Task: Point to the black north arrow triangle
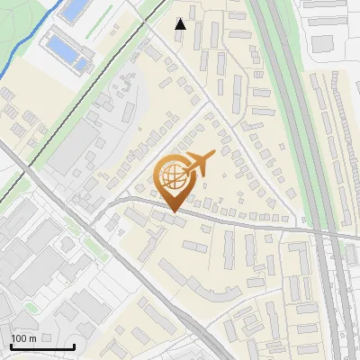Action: pyautogui.click(x=181, y=24)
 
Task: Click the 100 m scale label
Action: pyautogui.click(x=22, y=338)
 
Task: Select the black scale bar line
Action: pyautogui.click(x=41, y=346)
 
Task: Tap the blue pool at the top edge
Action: pyautogui.click(x=75, y=10)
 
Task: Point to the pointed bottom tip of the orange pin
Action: pyautogui.click(x=175, y=211)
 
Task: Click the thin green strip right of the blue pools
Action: pyautogui.click(x=101, y=45)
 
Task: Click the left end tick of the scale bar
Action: pyautogui.click(x=11, y=346)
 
